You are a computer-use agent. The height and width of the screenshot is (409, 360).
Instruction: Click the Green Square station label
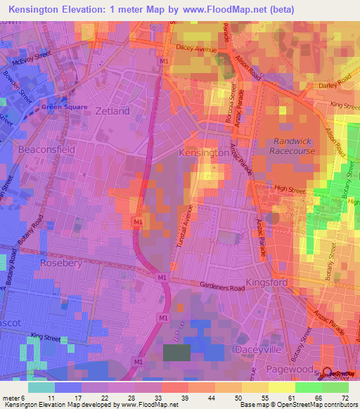[x=64, y=108]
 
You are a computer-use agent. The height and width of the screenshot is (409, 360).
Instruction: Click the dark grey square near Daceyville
[x=176, y=353]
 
